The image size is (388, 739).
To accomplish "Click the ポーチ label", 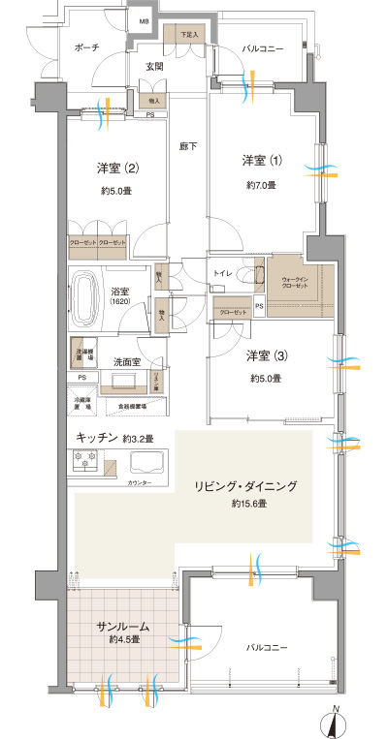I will [x=85, y=47].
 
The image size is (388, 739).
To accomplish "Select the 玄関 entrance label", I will [x=154, y=67].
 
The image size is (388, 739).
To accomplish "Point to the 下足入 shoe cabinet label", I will [x=188, y=35].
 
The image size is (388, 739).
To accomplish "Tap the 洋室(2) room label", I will [x=117, y=169].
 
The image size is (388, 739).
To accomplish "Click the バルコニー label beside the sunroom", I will [x=265, y=646].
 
